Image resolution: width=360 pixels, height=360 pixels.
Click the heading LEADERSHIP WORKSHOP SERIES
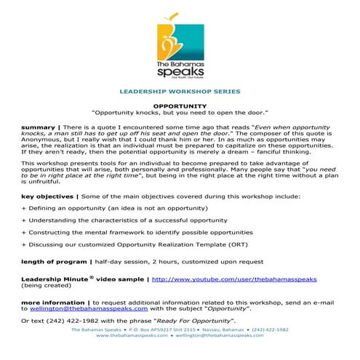click(x=180, y=92)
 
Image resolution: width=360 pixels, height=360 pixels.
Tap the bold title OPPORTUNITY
click(x=180, y=105)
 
